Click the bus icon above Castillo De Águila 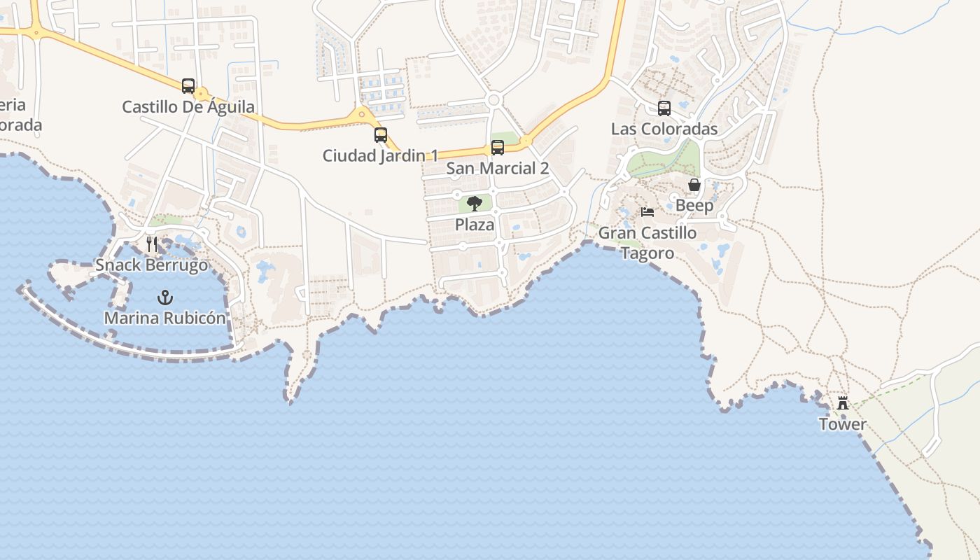click(188, 86)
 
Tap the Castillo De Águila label click(188, 107)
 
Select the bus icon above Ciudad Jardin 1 click(381, 135)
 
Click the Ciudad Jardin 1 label click(380, 155)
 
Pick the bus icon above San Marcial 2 click(498, 148)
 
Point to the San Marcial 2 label click(498, 168)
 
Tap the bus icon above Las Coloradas click(664, 108)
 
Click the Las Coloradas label click(664, 129)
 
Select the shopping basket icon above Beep click(694, 185)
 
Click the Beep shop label click(694, 206)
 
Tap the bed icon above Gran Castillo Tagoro click(647, 212)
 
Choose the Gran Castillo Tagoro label click(647, 243)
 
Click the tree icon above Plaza click(475, 204)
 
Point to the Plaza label click(475, 225)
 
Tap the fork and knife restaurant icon click(152, 244)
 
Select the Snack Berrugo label click(152, 265)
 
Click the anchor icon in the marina click(165, 297)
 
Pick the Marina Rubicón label click(165, 318)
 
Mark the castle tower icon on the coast click(843, 403)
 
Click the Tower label click(843, 424)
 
